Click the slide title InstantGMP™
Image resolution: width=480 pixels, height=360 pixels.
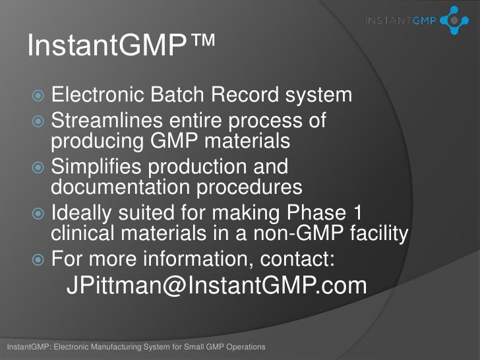[121, 47]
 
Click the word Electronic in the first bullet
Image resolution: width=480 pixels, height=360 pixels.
[98, 96]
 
